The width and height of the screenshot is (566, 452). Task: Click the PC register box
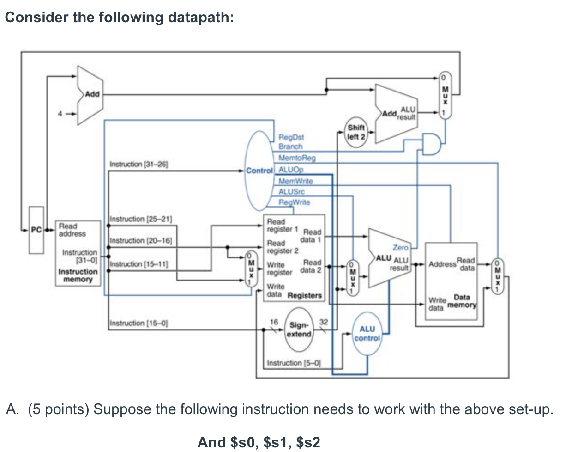click(36, 230)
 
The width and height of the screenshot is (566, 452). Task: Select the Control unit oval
click(260, 171)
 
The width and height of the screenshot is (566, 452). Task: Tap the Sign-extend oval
click(299, 329)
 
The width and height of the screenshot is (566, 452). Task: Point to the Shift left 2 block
click(356, 132)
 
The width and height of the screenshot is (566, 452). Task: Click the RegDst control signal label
click(291, 137)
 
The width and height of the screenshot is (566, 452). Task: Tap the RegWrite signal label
click(294, 202)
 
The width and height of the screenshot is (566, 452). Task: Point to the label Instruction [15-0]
click(138, 323)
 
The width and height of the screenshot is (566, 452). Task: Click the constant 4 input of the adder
click(59, 111)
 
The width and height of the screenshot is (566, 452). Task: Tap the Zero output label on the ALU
click(400, 248)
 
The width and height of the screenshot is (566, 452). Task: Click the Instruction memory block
click(78, 253)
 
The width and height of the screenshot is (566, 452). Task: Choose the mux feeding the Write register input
click(250, 269)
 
